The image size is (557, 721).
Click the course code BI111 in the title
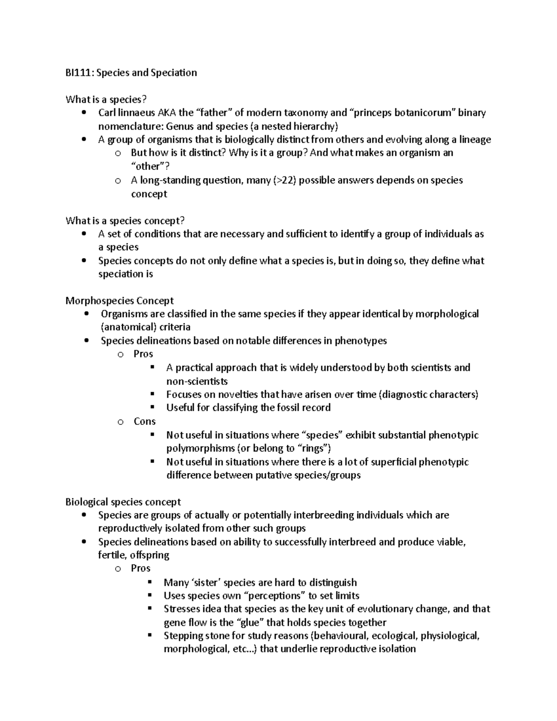click(x=77, y=72)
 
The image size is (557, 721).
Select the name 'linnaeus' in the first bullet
click(x=137, y=113)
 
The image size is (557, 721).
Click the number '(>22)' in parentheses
click(x=284, y=180)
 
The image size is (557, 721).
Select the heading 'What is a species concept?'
click(x=128, y=221)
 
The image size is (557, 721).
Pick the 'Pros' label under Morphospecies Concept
click(x=143, y=354)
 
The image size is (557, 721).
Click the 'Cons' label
click(x=144, y=422)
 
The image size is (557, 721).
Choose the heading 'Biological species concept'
click(x=123, y=502)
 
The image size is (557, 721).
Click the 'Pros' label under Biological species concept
click(x=141, y=569)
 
